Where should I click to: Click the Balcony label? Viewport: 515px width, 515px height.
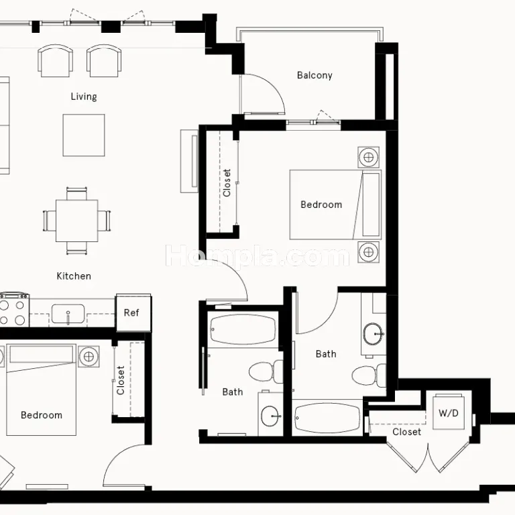click(314, 75)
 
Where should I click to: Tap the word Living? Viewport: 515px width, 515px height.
click(84, 97)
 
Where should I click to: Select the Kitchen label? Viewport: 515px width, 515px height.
click(74, 276)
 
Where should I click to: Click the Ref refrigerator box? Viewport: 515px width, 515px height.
click(133, 312)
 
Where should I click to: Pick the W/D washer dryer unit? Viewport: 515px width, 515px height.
click(449, 413)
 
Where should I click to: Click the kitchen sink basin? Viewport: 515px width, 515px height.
click(68, 314)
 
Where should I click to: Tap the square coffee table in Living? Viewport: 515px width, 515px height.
click(84, 135)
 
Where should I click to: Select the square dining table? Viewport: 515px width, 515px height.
click(77, 221)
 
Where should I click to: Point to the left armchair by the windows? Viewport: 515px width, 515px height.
click(55, 61)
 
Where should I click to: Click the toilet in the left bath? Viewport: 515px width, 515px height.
click(266, 371)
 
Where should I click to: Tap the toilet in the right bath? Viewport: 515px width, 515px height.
click(369, 375)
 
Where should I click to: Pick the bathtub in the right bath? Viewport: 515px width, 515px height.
click(327, 418)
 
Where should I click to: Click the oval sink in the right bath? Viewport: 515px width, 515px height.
click(374, 334)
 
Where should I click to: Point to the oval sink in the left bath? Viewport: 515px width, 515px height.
click(271, 416)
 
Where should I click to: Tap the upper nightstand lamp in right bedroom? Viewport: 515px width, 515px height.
click(369, 158)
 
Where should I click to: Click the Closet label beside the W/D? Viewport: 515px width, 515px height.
click(406, 432)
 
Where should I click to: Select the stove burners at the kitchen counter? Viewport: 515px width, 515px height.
click(14, 310)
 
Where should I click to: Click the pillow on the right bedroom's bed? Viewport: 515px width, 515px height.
click(371, 205)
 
